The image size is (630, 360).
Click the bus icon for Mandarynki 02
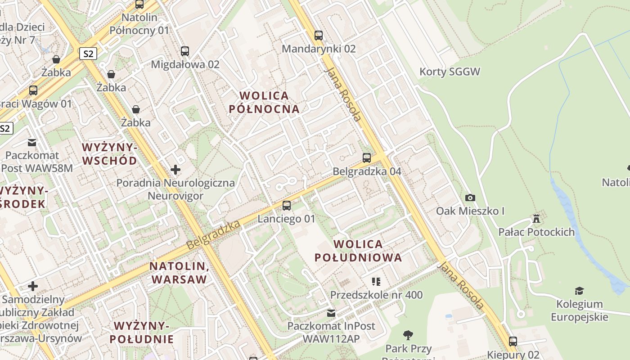[x=319, y=35]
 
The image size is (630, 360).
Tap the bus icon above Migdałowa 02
[x=185, y=51]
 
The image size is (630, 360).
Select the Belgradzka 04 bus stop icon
[x=367, y=158]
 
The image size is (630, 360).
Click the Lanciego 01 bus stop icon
[x=287, y=206]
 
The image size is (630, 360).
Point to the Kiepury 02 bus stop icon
[x=513, y=342]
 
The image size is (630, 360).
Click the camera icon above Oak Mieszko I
[x=470, y=198]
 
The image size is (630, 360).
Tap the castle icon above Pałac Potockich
[x=536, y=219]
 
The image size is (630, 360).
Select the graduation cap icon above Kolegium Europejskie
[x=580, y=291]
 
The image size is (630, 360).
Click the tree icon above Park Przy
[x=408, y=335]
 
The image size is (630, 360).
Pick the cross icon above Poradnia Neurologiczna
[x=175, y=170]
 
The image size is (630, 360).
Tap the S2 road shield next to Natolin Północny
[x=88, y=54]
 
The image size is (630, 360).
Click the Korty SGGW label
[x=450, y=72]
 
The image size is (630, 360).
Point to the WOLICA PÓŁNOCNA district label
[x=264, y=102]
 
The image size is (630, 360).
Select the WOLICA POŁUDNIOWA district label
[x=358, y=251]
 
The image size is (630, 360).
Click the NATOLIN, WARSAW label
[x=179, y=272]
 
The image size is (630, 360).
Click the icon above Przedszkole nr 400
[x=376, y=282]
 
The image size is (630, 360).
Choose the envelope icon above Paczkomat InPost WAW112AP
[x=331, y=313]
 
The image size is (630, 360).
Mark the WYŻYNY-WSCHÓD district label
[x=109, y=154]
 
